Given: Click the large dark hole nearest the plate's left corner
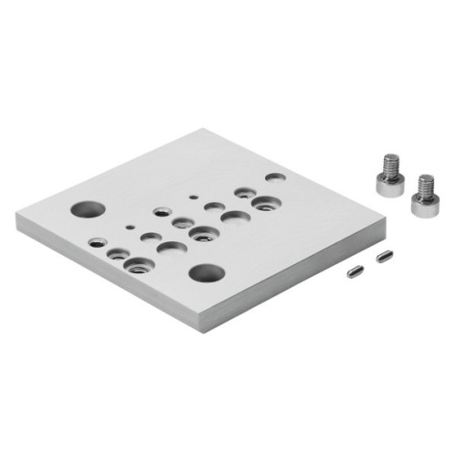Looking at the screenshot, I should [90, 209].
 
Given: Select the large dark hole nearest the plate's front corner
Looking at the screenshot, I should [207, 272].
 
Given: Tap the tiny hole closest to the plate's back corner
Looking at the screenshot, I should [194, 196].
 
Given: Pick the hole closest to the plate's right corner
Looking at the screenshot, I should [274, 177].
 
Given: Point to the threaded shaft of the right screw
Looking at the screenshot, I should [425, 185].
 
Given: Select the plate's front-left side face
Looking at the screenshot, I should [110, 274].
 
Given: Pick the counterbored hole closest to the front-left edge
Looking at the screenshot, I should [139, 265].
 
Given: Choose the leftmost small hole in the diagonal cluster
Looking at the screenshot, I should [97, 243].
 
